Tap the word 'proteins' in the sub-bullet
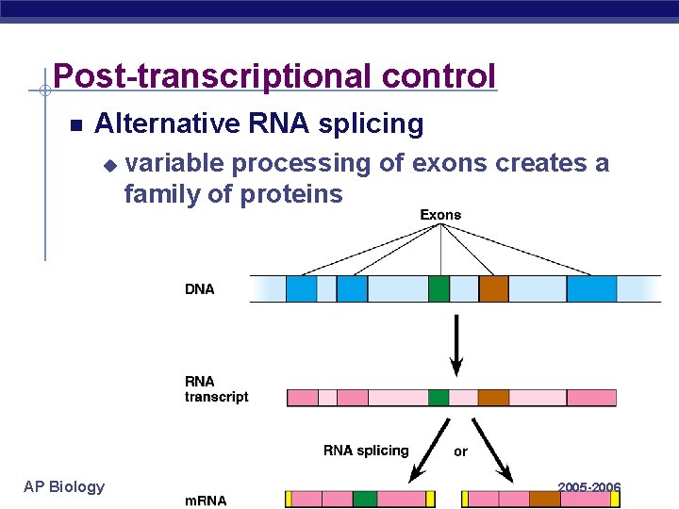click(x=291, y=194)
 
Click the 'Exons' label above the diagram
click(x=440, y=215)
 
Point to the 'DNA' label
click(x=200, y=289)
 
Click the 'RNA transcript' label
click(x=216, y=389)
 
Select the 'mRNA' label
click(x=206, y=501)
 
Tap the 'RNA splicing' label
click(x=366, y=451)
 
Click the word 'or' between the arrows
click(x=460, y=452)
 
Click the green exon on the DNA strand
click(x=439, y=288)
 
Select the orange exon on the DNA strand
click(x=493, y=288)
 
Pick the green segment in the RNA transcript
click(x=439, y=397)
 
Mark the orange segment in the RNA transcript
click(x=492, y=397)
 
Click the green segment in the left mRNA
click(x=365, y=499)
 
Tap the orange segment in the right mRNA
click(x=544, y=499)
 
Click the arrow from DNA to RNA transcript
click(x=457, y=345)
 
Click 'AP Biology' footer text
click(x=64, y=486)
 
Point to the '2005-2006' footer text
click(x=588, y=487)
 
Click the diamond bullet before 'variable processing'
click(x=109, y=165)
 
